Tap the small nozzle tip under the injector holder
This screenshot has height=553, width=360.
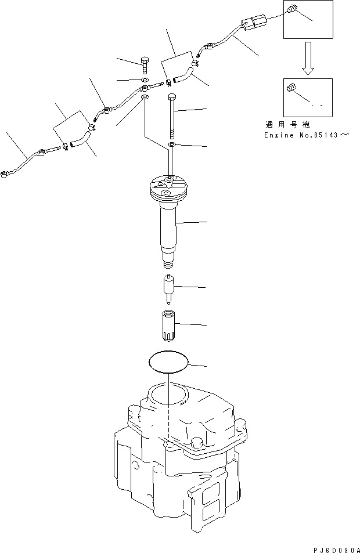(x=168, y=289)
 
